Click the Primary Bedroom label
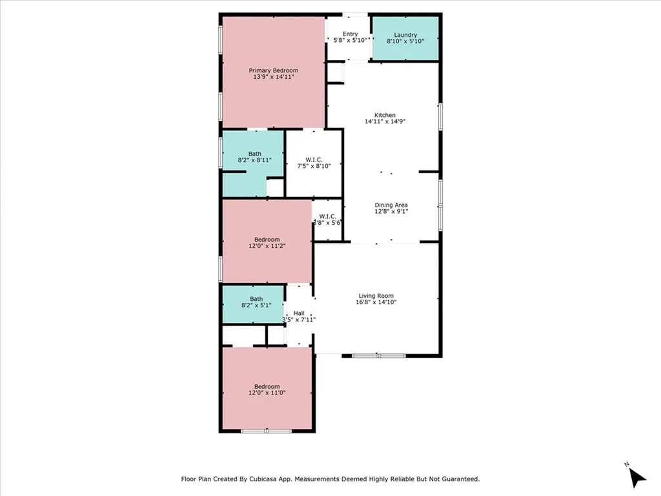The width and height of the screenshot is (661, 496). [x=274, y=70]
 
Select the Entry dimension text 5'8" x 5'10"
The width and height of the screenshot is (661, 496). [x=350, y=40]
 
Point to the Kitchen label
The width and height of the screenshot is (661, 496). [x=385, y=115]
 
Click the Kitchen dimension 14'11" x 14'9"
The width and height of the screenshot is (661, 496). [x=385, y=121]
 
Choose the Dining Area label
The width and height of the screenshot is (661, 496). [x=391, y=205]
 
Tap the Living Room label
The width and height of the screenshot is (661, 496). [x=376, y=296]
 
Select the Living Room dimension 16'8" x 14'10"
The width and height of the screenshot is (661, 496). [x=376, y=302]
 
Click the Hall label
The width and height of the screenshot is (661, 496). [x=299, y=313]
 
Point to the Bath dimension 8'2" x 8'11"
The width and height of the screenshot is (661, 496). [x=255, y=160]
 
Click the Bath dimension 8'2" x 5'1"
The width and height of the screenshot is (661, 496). [x=256, y=305]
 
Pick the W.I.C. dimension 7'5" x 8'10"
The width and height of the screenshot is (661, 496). [x=313, y=166]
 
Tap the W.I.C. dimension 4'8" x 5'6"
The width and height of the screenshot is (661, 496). [x=327, y=222]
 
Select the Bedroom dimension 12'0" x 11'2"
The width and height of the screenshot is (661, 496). [x=267, y=245]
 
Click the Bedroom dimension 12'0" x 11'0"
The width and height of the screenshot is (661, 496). [x=267, y=393]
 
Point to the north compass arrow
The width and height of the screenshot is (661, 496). [x=636, y=477]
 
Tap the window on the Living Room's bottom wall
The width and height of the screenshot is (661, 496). [x=378, y=355]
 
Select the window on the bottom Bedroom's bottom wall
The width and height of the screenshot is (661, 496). [x=266, y=431]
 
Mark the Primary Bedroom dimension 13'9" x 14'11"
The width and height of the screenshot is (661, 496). [x=274, y=77]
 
